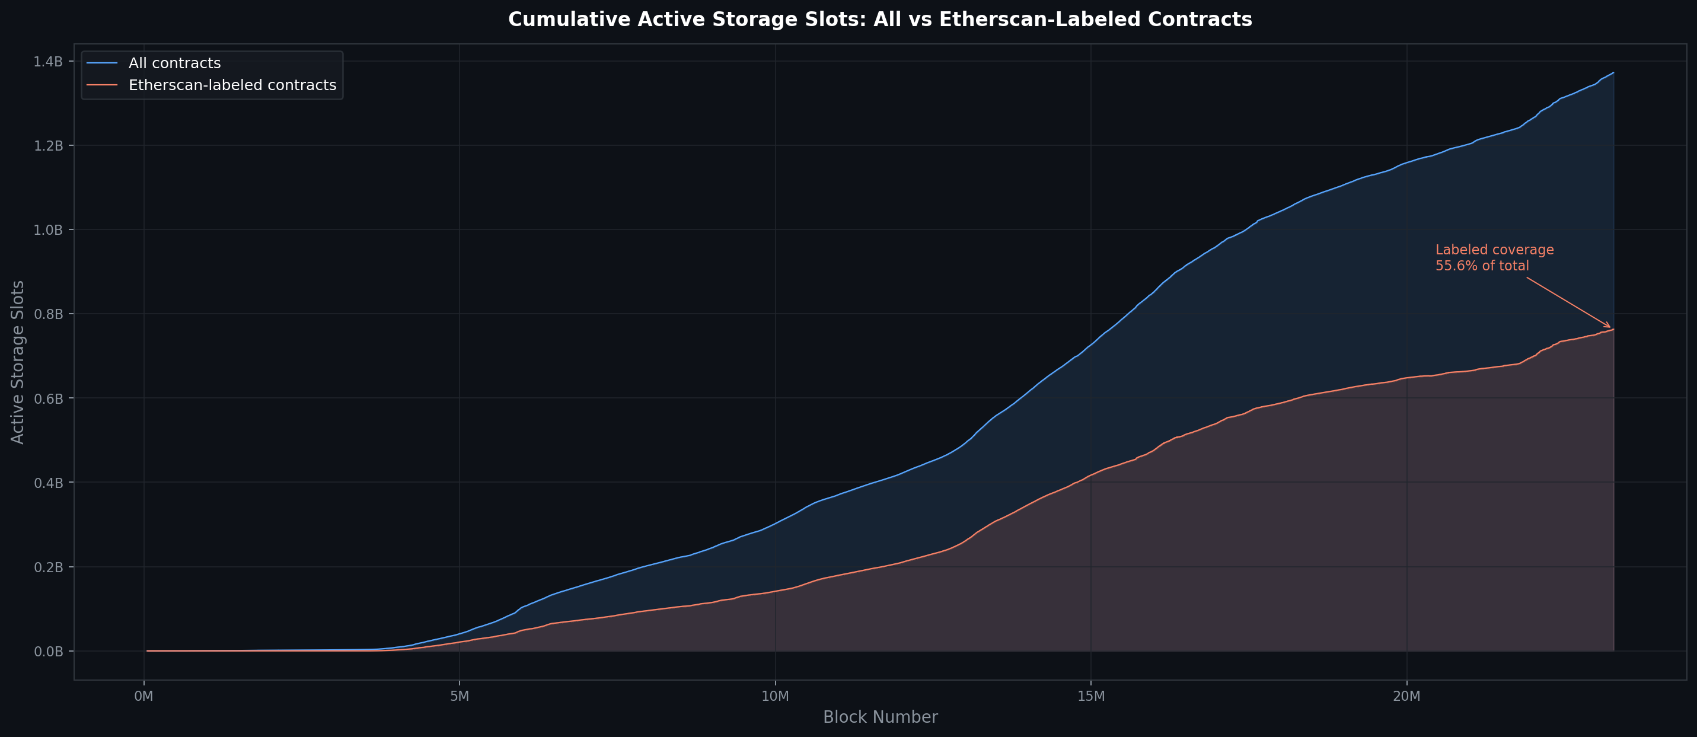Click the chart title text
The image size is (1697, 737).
coord(879,20)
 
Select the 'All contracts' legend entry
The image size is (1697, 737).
coord(174,63)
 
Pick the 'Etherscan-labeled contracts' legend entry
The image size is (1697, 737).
coord(232,85)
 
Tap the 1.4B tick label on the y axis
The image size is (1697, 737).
coord(48,61)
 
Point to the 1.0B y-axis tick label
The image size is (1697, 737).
coord(48,230)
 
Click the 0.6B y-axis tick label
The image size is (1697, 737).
coord(48,398)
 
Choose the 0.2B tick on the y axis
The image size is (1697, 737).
coord(48,567)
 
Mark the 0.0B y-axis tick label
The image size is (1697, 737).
coord(48,652)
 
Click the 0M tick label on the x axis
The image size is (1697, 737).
coord(143,696)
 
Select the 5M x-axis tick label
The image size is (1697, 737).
coord(459,696)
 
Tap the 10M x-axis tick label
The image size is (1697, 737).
coord(775,696)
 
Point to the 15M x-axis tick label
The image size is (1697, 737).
coord(1090,696)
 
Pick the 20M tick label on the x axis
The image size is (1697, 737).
coord(1406,696)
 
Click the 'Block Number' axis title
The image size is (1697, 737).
coord(879,717)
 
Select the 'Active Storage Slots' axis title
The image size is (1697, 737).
coord(18,362)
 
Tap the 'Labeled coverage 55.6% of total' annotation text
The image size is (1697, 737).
coord(1494,258)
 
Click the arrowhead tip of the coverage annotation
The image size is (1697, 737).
coord(1610,327)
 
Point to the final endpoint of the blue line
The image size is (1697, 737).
coord(1613,72)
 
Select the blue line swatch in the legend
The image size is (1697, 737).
coord(102,63)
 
